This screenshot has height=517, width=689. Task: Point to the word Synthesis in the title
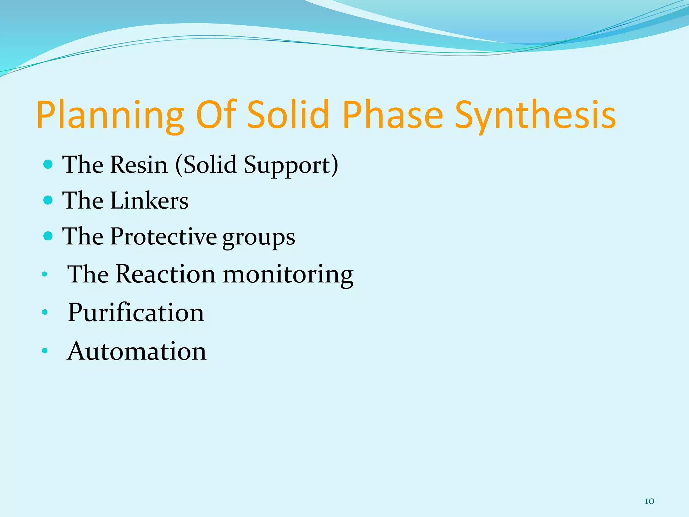535,115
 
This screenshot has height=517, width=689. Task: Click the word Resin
139,165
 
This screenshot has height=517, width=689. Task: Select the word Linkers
149,201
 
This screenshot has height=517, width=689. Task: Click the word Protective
163,236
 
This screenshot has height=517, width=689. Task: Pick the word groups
259,238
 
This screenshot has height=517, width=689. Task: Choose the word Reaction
165,274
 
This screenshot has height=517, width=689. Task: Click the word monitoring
288,275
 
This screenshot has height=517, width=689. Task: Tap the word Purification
136,312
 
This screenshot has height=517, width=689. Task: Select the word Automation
137,351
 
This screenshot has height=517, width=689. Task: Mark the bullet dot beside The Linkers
48,200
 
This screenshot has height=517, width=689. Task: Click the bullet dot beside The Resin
48,164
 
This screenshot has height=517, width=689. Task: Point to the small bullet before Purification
45,313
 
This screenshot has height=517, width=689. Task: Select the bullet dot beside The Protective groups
48,236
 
